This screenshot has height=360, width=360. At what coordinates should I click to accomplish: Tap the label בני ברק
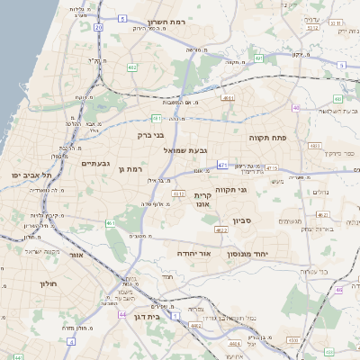pos(154,137)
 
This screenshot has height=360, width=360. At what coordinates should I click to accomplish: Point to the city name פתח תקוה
pos(266,137)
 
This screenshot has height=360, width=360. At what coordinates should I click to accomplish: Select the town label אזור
pos(80,256)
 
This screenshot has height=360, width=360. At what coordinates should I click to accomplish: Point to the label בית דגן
pos(157,317)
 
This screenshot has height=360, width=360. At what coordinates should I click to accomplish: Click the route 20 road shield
pos(99,29)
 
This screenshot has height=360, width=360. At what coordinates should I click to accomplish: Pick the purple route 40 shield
pos(295,108)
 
